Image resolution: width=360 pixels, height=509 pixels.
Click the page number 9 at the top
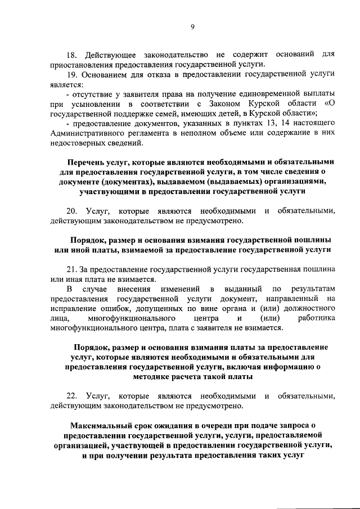[192, 26]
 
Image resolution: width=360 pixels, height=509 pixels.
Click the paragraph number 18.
[71, 55]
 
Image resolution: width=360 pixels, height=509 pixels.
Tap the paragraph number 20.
[71, 211]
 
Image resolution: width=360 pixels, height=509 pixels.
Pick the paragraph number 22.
[71, 396]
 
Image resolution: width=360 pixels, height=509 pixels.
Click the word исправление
[73, 309]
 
